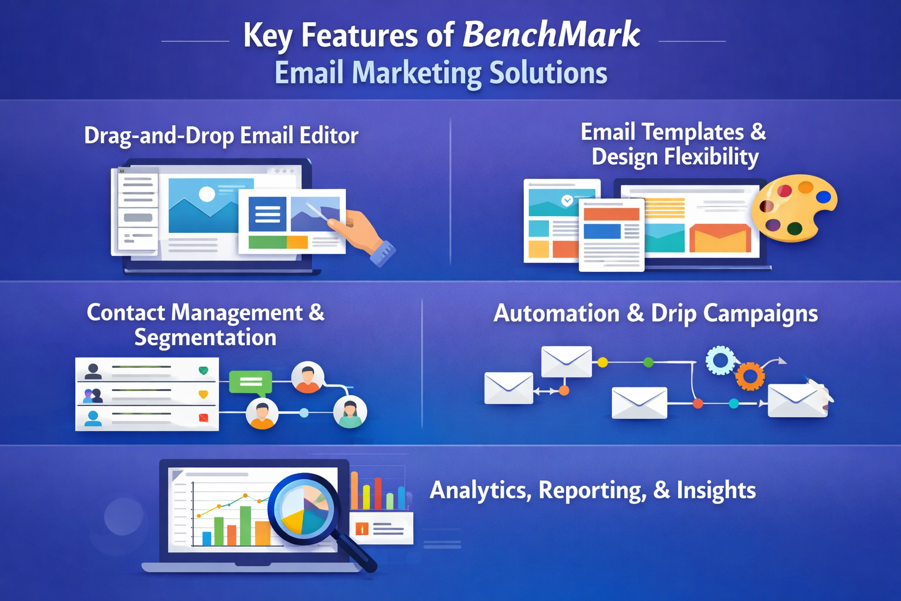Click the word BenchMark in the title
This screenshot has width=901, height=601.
pos(551,35)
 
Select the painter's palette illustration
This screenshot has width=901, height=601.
pos(794,208)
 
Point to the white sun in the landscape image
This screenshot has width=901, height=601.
pos(207,194)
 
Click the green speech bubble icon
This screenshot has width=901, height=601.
pos(250,383)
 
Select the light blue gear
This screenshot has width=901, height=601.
pos(720,360)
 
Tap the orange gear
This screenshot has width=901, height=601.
pos(750,376)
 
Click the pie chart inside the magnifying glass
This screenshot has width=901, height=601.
pos(304,509)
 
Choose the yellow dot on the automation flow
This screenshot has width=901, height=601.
pos(602,362)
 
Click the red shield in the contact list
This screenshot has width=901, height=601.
pos(204,418)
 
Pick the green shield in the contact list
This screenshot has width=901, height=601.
pos(204,370)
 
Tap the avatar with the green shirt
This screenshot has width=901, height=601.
pos(350,412)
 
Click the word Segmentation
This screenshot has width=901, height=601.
pos(205,337)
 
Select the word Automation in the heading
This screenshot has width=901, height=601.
pos(557,313)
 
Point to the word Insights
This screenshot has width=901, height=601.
pos(716,490)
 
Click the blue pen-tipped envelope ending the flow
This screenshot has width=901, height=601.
pos(800,399)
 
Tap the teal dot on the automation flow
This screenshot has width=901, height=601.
pos(734,403)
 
